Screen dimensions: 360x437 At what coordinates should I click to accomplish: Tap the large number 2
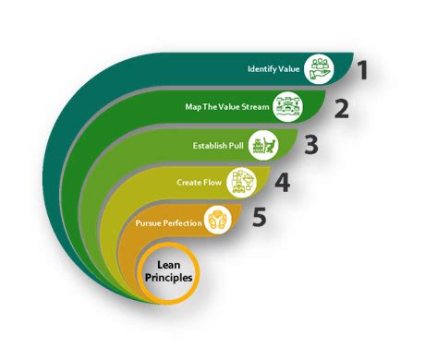point(341,108)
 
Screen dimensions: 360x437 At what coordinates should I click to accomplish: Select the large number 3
point(311,146)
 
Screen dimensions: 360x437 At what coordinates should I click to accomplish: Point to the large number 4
point(282,183)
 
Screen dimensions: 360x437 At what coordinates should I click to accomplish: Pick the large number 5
point(260,219)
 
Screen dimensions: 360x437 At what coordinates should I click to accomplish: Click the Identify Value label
point(274,69)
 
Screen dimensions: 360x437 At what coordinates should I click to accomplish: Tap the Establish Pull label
point(219,145)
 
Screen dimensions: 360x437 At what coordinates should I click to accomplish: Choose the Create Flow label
point(196,183)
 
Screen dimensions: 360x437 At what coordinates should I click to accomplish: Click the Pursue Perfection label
point(168,224)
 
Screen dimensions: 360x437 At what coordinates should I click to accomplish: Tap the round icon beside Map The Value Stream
point(289,107)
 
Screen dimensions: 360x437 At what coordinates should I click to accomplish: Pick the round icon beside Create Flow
point(241,182)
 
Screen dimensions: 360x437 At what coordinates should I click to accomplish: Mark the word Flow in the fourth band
point(209,183)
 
